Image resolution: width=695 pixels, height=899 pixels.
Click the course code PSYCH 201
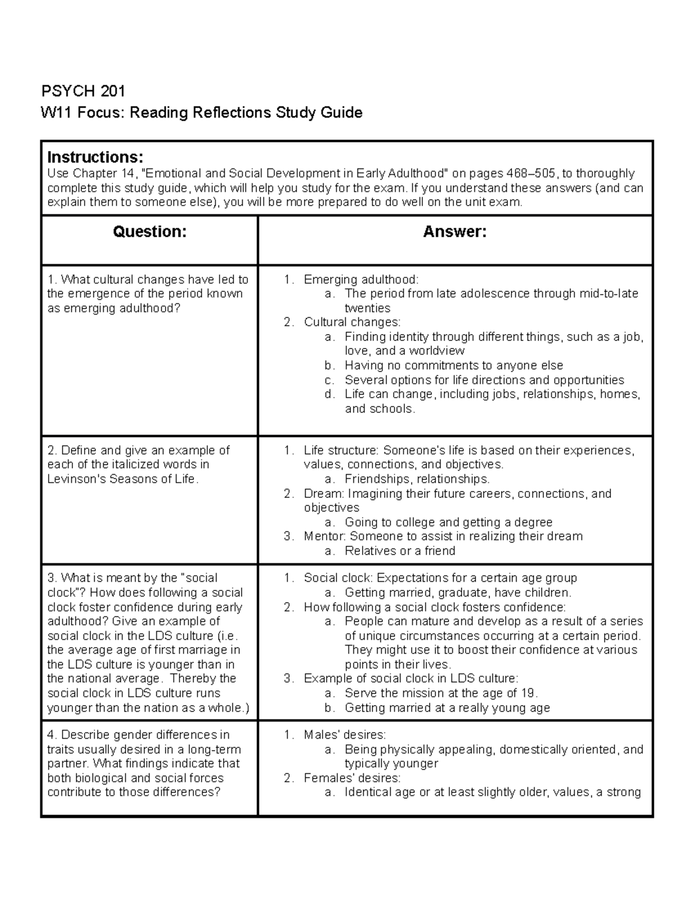tap(83, 91)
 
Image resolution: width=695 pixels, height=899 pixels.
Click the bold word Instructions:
tap(95, 157)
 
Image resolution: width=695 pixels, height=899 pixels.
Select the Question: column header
tap(149, 232)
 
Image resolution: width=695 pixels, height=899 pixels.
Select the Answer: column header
tap(455, 232)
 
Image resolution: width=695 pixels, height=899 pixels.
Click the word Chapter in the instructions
tap(95, 174)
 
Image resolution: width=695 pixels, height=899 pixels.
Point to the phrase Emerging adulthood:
tap(361, 280)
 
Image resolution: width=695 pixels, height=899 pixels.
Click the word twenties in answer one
tap(367, 308)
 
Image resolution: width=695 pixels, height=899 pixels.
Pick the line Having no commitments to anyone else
tap(453, 365)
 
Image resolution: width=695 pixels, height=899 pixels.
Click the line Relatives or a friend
tap(400, 551)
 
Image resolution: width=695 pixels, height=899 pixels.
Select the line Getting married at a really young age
tap(447, 707)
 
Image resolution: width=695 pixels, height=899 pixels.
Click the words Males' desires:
tap(345, 735)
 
